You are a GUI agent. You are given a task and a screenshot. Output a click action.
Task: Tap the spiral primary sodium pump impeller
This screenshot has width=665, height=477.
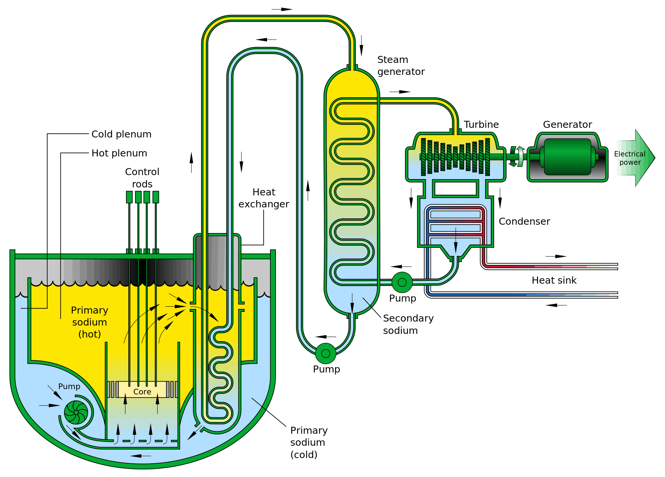click(76, 412)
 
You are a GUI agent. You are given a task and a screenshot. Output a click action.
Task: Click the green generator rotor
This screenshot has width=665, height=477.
click(568, 157)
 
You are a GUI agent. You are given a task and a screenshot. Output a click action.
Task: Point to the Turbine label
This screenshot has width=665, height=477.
click(481, 124)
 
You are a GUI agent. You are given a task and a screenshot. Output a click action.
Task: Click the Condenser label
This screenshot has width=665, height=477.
click(524, 221)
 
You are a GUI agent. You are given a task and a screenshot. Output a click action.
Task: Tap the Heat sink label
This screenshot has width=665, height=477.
click(554, 280)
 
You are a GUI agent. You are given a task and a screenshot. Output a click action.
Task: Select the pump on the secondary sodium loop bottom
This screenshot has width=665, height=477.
click(326, 353)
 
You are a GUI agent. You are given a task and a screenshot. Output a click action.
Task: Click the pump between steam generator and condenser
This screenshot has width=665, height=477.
click(402, 282)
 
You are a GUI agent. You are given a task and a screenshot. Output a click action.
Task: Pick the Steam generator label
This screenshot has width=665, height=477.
click(401, 66)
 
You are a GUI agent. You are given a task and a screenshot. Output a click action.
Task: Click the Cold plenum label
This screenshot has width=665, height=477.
click(121, 134)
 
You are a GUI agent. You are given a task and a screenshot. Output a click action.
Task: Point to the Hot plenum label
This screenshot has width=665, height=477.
click(119, 153)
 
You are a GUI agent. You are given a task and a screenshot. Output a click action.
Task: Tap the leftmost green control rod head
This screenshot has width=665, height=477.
click(129, 197)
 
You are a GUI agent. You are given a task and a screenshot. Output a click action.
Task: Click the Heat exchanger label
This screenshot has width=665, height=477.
click(264, 198)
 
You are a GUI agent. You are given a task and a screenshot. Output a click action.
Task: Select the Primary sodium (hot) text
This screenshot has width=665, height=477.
click(89, 322)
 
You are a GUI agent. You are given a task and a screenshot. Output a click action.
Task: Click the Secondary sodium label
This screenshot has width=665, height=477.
click(408, 324)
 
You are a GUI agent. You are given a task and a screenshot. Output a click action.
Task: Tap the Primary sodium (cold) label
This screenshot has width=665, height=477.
click(309, 442)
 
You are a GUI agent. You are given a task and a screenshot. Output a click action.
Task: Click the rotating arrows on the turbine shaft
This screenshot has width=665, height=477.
click(517, 156)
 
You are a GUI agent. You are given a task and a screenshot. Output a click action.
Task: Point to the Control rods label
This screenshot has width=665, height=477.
click(142, 178)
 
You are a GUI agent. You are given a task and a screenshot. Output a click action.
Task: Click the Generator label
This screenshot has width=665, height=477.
click(567, 124)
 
